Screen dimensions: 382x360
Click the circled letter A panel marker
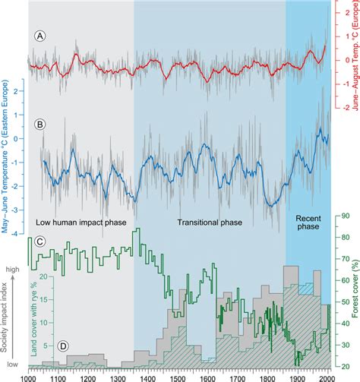click(35, 36)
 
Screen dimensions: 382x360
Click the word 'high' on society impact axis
click(12, 270)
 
